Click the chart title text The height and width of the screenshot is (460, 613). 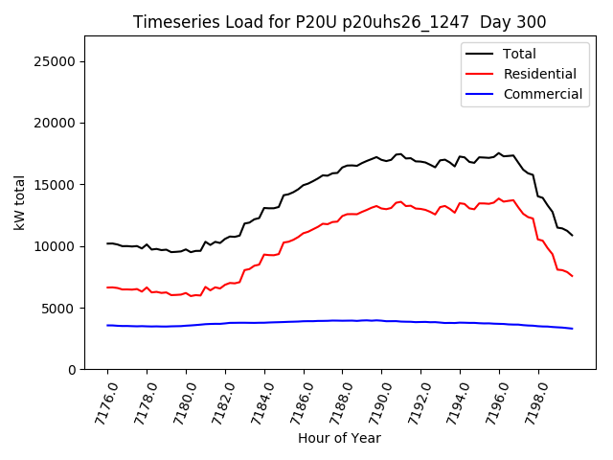[x=340, y=22]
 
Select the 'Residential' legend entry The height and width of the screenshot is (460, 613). [x=539, y=74]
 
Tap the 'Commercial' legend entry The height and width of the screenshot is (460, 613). [x=542, y=94]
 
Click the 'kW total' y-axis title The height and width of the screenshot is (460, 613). [x=19, y=203]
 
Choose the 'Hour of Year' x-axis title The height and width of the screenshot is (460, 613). [x=339, y=439]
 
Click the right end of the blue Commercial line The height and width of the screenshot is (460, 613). [x=573, y=329]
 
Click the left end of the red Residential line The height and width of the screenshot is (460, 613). [x=107, y=287]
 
